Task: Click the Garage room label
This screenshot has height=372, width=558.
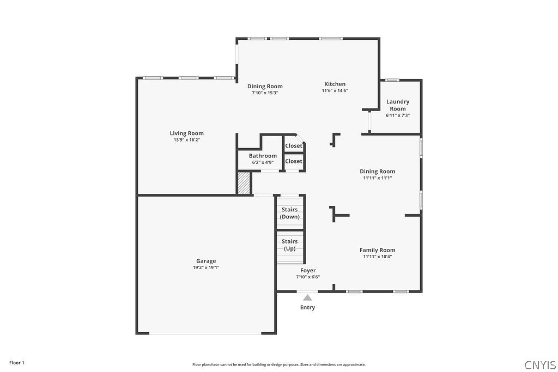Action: (206, 261)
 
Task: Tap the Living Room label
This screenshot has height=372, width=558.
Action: (186, 133)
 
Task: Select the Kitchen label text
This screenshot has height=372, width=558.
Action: (335, 84)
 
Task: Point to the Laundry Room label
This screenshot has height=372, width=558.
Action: (398, 105)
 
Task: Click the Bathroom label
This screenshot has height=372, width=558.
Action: (263, 156)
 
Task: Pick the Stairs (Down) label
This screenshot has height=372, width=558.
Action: (289, 213)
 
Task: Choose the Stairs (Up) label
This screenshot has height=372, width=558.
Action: (289, 245)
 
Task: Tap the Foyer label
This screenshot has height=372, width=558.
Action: (308, 271)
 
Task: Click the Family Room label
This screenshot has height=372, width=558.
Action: (377, 250)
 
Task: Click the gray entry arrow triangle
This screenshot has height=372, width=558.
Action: (307, 297)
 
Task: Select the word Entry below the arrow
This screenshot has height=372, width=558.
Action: (307, 308)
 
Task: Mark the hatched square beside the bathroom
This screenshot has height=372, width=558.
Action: (244, 183)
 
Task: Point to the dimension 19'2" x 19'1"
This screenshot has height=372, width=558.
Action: (206, 267)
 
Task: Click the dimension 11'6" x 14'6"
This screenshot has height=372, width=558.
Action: (335, 91)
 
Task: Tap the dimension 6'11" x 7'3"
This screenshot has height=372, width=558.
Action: (398, 115)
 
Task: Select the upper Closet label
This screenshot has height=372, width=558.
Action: (294, 146)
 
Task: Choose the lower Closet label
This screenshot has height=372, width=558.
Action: (294, 161)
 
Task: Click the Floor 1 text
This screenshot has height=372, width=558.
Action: (17, 363)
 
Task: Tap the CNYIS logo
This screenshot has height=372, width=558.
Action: (539, 364)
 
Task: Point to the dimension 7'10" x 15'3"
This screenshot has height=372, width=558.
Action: (265, 93)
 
